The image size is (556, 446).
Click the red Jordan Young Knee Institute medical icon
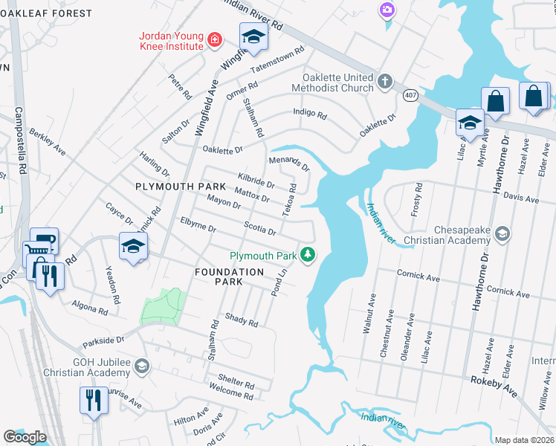point(214,40)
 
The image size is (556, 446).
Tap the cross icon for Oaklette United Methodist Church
point(384,81)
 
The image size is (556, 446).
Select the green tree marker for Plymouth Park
point(308,255)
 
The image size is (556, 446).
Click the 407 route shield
point(410,96)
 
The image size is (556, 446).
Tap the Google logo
point(25,436)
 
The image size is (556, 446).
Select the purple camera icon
point(387,10)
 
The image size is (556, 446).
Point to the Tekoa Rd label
point(294,201)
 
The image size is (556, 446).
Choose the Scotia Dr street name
point(260,229)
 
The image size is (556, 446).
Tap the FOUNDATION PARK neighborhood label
point(229,272)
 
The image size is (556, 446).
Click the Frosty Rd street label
point(417,199)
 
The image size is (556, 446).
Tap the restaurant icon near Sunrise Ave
point(94,401)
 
